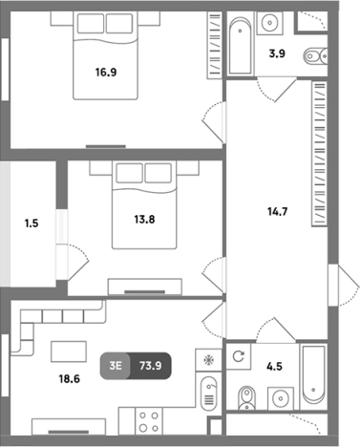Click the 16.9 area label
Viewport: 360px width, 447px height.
(x=106, y=73)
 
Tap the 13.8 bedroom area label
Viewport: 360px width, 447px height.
(x=144, y=220)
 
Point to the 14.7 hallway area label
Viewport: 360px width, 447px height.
(x=278, y=211)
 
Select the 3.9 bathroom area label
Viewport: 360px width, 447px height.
(x=277, y=53)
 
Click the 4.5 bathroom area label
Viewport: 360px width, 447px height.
(x=274, y=366)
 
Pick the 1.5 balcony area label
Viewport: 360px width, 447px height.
(x=32, y=223)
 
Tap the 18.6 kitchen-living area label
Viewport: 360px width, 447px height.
(x=69, y=379)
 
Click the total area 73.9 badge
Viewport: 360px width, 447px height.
(x=150, y=366)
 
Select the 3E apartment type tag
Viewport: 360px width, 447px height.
(x=116, y=366)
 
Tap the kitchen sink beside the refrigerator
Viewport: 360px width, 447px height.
(x=209, y=393)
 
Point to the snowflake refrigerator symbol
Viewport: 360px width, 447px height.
(x=209, y=360)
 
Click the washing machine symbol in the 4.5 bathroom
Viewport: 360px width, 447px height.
(x=239, y=356)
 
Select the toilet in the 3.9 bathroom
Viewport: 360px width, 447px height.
(x=316, y=56)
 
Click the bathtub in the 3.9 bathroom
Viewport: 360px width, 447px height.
(x=241, y=46)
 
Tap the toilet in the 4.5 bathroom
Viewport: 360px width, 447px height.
(x=246, y=398)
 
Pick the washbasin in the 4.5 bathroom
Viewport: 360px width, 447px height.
(x=281, y=398)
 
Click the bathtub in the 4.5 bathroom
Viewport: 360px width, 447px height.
(x=313, y=375)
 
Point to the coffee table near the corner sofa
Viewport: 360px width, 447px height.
(x=69, y=351)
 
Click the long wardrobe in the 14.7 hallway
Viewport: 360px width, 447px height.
(x=319, y=154)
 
